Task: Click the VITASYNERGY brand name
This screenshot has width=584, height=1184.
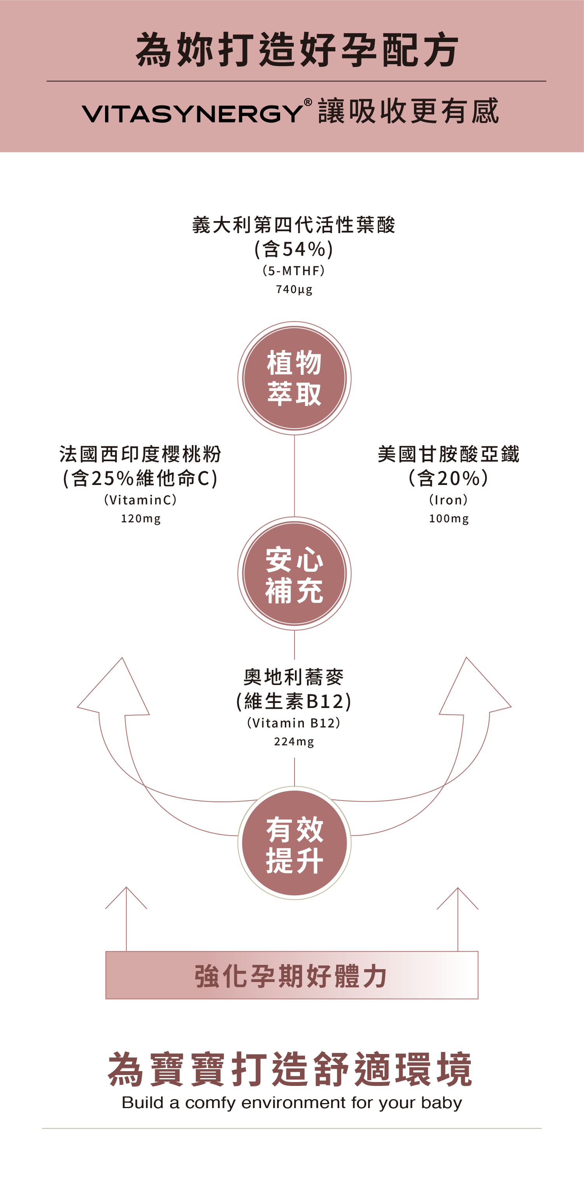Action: pyautogui.click(x=192, y=114)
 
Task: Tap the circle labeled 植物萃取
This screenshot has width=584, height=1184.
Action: pyautogui.click(x=294, y=378)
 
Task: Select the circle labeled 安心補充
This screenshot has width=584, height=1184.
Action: pyautogui.click(x=294, y=573)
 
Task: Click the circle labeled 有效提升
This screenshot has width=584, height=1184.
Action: pyautogui.click(x=294, y=843)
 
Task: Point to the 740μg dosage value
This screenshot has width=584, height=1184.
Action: pyautogui.click(x=294, y=289)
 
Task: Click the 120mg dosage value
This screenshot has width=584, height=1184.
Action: pyautogui.click(x=140, y=518)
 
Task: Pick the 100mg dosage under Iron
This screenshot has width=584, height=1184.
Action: pyautogui.click(x=449, y=518)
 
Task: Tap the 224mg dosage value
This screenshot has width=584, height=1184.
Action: pyautogui.click(x=294, y=741)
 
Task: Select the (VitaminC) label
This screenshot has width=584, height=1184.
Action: pyautogui.click(x=140, y=500)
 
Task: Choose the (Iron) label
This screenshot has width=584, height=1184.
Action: pyautogui.click(x=449, y=500)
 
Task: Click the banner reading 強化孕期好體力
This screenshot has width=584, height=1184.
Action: pyautogui.click(x=292, y=975)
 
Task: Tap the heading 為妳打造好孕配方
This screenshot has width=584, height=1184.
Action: pyautogui.click(x=297, y=50)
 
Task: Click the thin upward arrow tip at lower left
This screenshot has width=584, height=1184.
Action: pyautogui.click(x=126, y=887)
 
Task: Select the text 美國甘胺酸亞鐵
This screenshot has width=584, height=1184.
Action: pyautogui.click(x=449, y=454)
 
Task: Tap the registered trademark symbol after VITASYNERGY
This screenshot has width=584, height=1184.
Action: pyautogui.click(x=308, y=102)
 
